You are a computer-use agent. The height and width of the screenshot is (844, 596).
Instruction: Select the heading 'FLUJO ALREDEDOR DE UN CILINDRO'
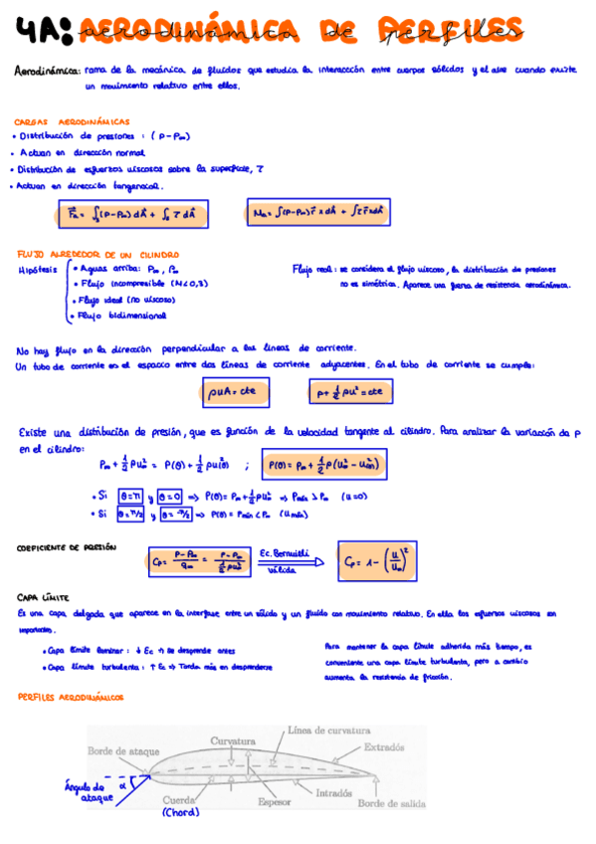(89, 254)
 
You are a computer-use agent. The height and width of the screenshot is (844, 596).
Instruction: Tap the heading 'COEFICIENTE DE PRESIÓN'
(67, 546)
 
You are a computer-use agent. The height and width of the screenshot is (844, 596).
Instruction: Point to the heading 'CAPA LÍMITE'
(42, 597)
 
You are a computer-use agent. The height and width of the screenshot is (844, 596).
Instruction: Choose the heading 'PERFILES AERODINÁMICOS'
(71, 697)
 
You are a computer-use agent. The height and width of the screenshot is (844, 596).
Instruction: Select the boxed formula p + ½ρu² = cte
(345, 393)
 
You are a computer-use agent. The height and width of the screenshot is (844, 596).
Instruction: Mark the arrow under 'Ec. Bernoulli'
(291, 562)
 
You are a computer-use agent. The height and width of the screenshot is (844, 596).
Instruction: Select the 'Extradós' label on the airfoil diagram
(384, 746)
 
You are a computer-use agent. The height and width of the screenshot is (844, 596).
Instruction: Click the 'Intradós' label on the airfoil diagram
(334, 793)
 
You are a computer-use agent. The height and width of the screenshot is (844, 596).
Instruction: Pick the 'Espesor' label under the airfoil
(274, 800)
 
